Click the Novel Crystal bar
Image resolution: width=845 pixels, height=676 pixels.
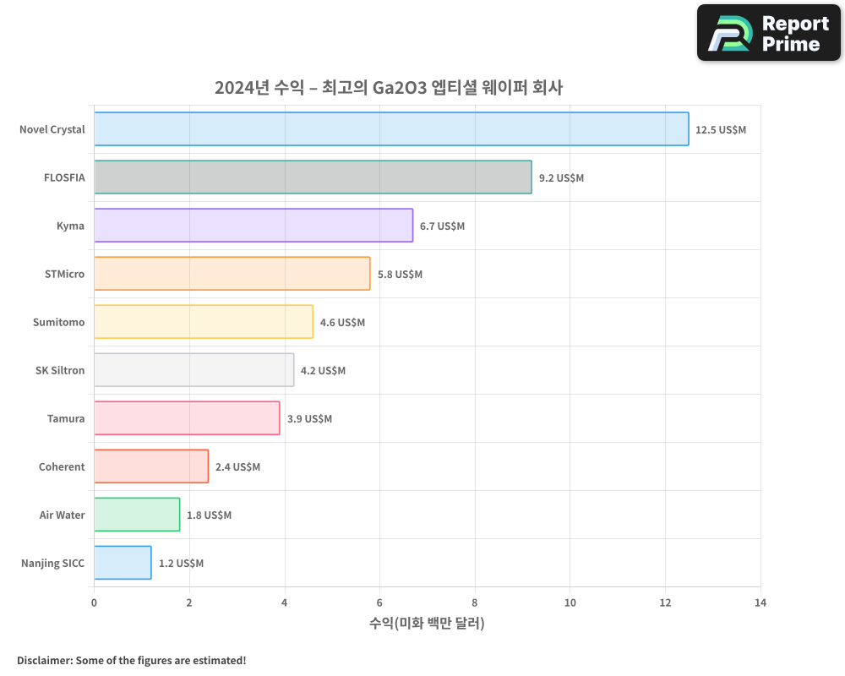pos(391,129)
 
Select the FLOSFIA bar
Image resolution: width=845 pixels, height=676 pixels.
pos(313,177)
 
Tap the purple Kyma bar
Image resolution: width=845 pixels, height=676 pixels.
pos(253,226)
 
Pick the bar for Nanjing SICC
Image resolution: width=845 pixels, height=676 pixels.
pos(123,563)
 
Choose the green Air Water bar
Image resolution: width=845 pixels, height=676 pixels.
pos(137,515)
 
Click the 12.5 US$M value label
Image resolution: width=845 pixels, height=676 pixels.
pos(721,130)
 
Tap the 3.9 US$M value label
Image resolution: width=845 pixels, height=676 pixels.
pos(309,419)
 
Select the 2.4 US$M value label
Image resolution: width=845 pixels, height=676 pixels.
pos(237,467)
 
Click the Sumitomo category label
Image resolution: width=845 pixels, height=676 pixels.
pos(59,323)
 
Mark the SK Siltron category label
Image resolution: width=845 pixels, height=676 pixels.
pos(61,371)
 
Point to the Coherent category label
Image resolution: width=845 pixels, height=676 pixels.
pos(62,467)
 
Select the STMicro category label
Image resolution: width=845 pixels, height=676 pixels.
pos(64,275)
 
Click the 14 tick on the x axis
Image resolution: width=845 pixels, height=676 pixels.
pos(760,602)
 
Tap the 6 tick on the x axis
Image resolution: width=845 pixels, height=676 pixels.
pos(379,602)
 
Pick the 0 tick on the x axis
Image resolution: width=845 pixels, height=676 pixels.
pos(94,602)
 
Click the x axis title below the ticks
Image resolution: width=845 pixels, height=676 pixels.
pos(427,624)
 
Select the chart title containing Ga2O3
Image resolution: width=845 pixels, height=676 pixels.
pos(389,87)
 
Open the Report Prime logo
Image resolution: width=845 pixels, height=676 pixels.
pos(768,33)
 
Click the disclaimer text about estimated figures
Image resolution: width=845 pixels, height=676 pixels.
pos(131,660)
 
